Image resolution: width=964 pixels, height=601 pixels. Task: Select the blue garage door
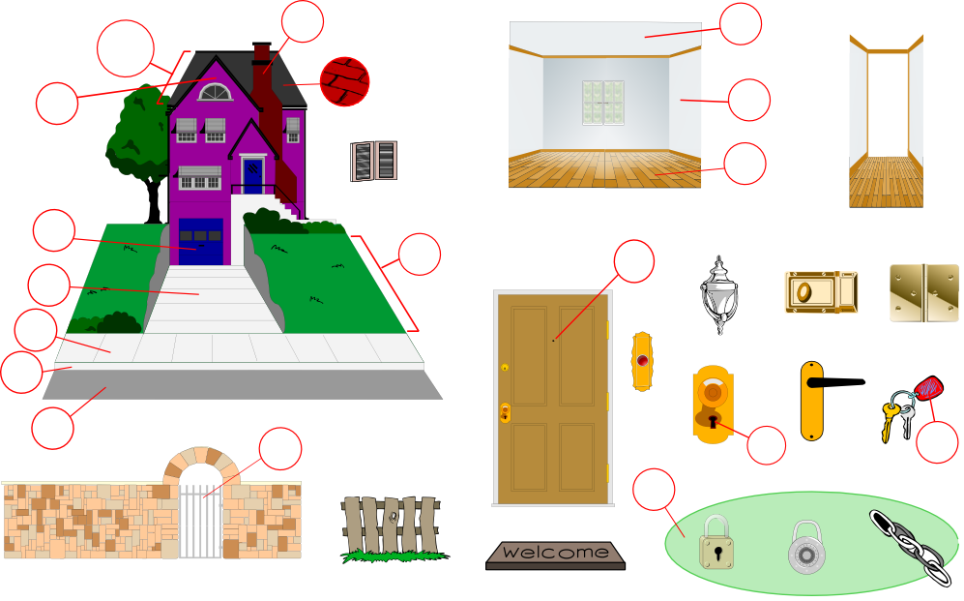click(x=201, y=241)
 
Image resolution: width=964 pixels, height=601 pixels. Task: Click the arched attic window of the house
click(x=215, y=93)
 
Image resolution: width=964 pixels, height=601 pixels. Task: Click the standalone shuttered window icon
click(x=373, y=161)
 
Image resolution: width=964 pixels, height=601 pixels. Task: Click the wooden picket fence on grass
click(x=394, y=527)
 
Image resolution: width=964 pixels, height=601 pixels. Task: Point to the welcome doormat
click(x=555, y=554)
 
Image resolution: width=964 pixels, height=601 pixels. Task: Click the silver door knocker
click(x=716, y=295)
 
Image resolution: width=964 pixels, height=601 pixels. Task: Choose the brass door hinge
click(x=923, y=293)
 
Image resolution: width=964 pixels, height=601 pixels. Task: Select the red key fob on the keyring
click(x=927, y=389)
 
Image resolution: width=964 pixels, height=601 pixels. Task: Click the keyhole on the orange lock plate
click(x=713, y=421)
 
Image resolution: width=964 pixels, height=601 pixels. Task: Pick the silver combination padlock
click(x=805, y=549)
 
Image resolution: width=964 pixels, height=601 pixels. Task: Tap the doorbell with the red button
click(x=642, y=362)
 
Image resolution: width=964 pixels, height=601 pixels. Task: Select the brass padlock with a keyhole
click(x=716, y=544)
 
